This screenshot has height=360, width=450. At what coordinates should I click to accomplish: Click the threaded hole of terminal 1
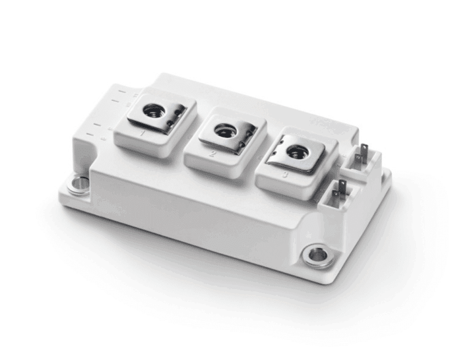[154, 109]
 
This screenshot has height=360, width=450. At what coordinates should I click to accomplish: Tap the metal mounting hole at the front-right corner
[317, 255]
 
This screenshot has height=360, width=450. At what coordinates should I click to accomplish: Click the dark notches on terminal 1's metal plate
[175, 117]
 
